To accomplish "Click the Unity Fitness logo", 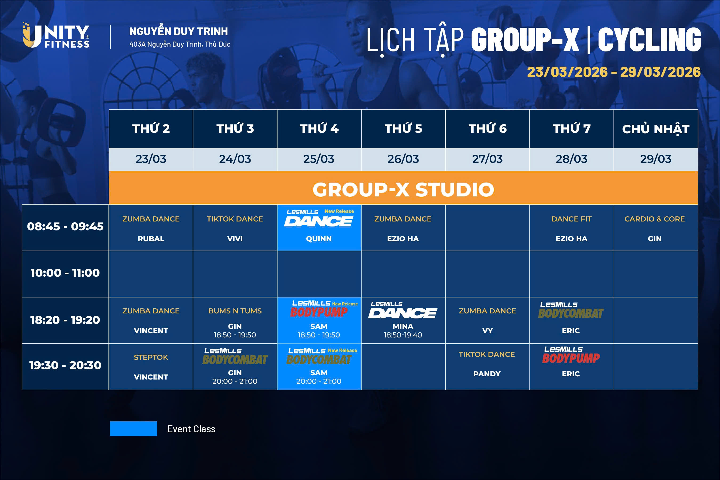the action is pyautogui.click(x=56, y=35).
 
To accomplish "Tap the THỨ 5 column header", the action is pyautogui.click(x=403, y=128).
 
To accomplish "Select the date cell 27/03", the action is pyautogui.click(x=487, y=159).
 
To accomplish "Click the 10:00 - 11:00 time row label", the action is pyautogui.click(x=65, y=273).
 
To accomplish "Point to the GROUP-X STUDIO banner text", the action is pyautogui.click(x=403, y=189).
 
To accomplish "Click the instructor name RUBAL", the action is pyautogui.click(x=151, y=239).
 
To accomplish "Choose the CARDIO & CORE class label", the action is pyautogui.click(x=654, y=219).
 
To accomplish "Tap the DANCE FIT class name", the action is pyautogui.click(x=572, y=219).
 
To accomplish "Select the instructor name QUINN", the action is pyautogui.click(x=319, y=239).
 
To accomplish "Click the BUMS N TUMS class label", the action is pyautogui.click(x=235, y=311).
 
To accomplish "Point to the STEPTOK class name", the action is pyautogui.click(x=151, y=357).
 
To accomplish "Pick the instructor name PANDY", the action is pyautogui.click(x=487, y=374).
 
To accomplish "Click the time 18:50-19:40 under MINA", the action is pyautogui.click(x=403, y=335).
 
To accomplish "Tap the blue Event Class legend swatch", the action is pyautogui.click(x=134, y=429).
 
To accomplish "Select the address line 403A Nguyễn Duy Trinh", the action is pyautogui.click(x=180, y=44).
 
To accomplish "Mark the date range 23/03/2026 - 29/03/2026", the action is pyautogui.click(x=614, y=72).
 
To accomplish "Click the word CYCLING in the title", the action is pyautogui.click(x=650, y=39).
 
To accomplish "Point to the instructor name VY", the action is pyautogui.click(x=487, y=330).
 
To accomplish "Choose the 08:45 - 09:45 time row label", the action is pyautogui.click(x=65, y=227).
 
